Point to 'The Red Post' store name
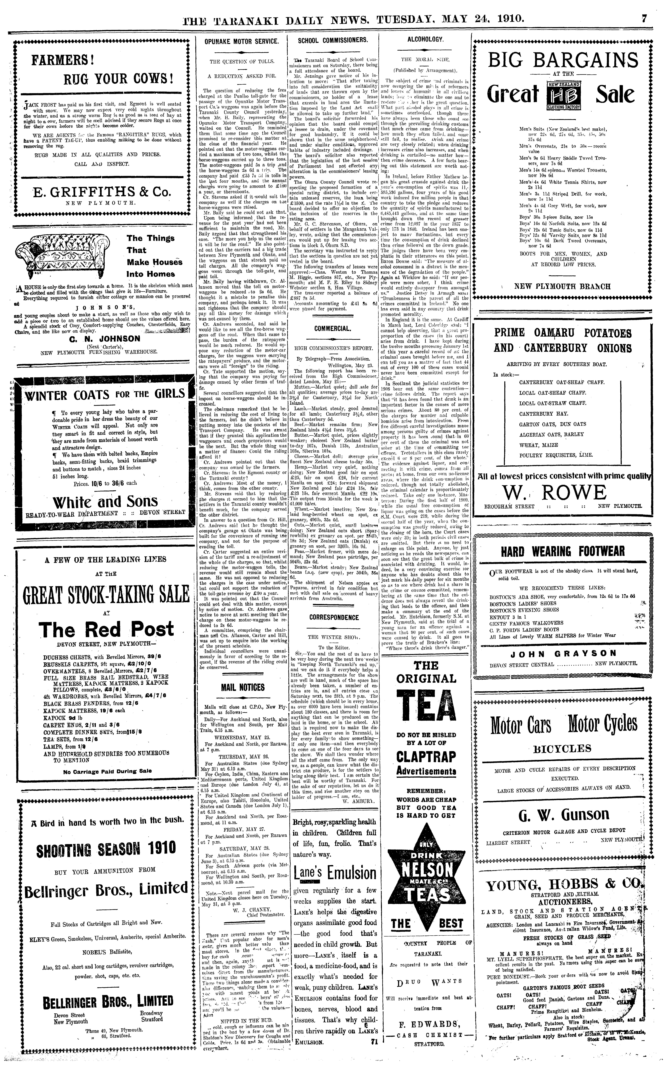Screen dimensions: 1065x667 click(106, 629)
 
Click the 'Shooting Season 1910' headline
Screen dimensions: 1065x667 click(106, 848)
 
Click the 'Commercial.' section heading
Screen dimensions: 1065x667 click(333, 328)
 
